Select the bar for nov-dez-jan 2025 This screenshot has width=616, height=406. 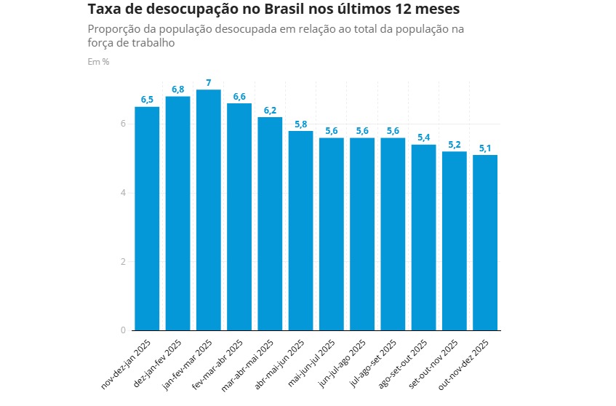pos(147,218)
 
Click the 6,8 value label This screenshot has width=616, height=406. pos(178,89)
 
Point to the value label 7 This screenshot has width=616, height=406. pos(209,82)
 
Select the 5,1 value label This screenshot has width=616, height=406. pos(485,148)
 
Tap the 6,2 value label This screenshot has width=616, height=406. pos(270,111)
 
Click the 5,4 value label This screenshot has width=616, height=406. pos(424,138)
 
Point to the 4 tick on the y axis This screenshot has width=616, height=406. pos(124,193)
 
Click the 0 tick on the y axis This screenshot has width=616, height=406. pos(124,331)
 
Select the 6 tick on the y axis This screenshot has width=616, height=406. pos(124,124)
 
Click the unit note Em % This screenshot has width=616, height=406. pos(98,62)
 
